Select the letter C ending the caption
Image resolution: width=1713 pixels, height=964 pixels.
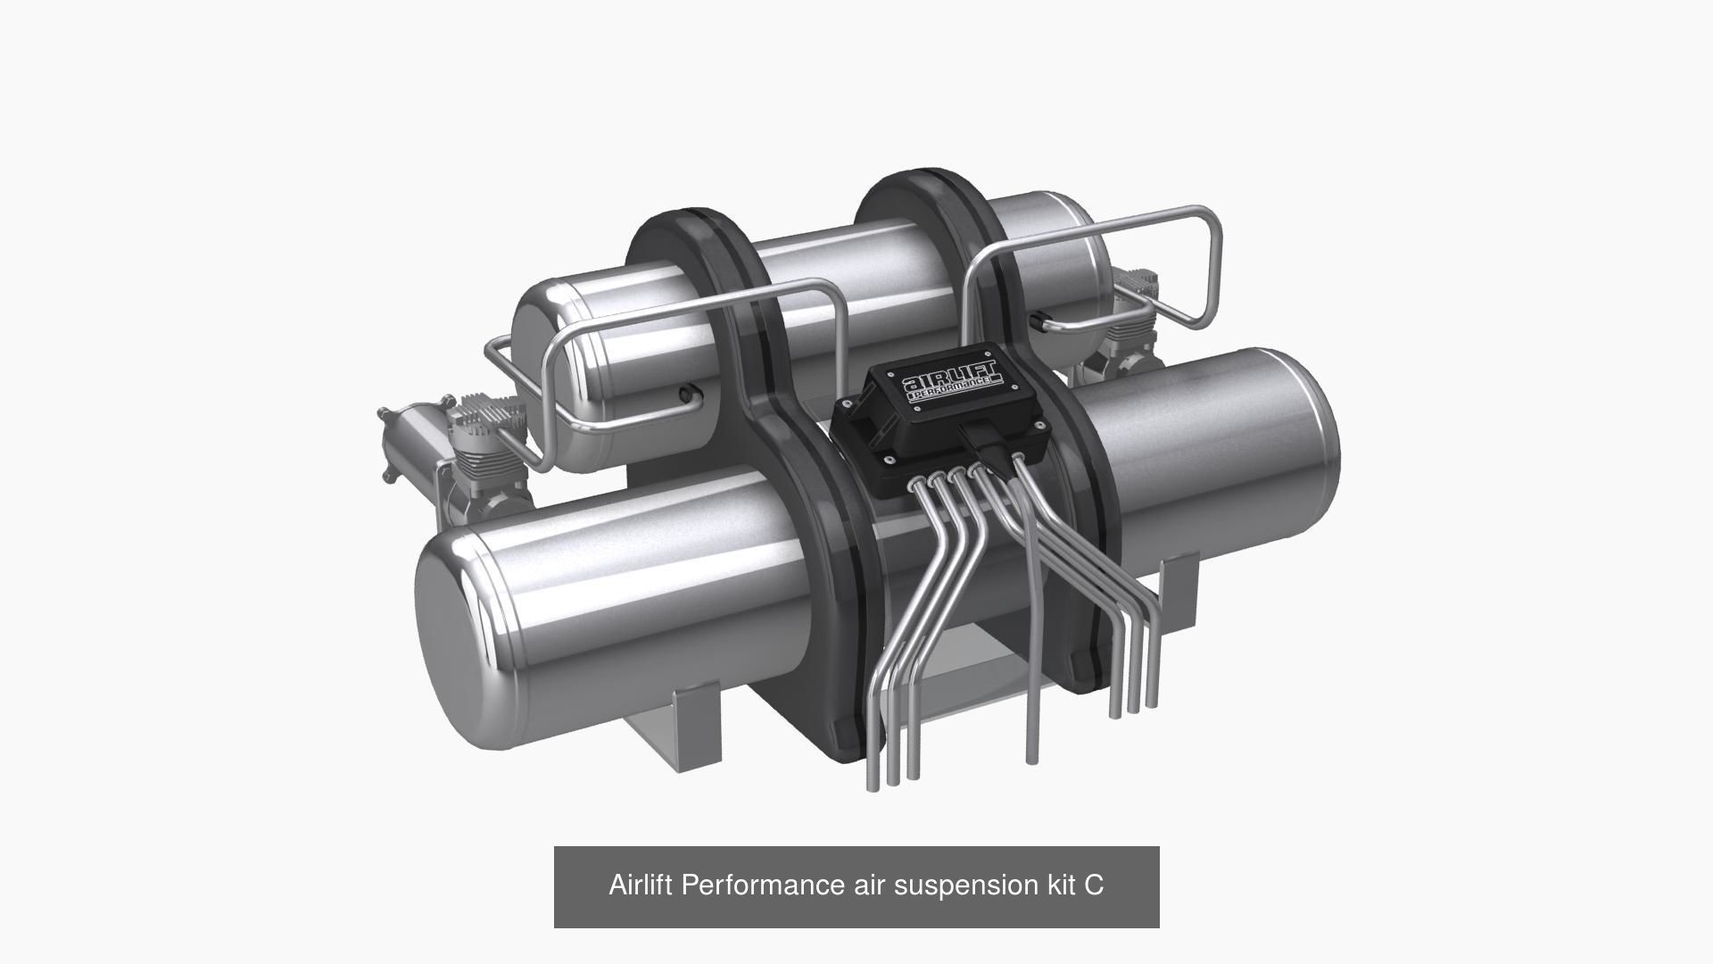(1094, 885)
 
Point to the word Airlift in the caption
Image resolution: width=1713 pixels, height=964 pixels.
(641, 885)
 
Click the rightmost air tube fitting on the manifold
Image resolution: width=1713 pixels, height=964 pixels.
(1019, 461)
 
